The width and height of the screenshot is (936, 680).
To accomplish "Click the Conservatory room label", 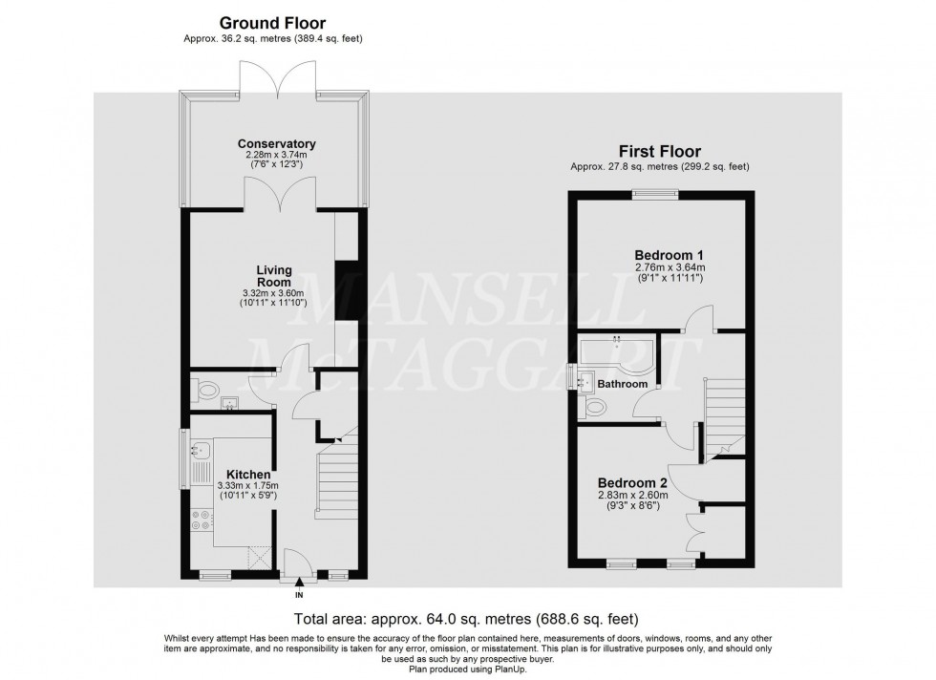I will tap(277, 144).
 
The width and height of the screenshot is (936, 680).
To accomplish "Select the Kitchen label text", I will tap(248, 474).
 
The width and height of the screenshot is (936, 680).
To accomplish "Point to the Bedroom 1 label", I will tap(670, 255).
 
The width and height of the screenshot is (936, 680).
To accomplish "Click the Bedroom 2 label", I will tap(632, 482).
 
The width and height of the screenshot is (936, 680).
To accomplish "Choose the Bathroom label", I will tap(623, 384).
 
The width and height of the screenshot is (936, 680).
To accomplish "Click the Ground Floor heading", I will tap(272, 22).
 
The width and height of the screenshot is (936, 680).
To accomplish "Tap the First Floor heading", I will tap(659, 151).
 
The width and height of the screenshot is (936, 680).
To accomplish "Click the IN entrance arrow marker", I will tap(300, 582).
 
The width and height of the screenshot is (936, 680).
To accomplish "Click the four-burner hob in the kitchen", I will tap(202, 521).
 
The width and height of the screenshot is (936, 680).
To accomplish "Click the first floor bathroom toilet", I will tap(594, 408).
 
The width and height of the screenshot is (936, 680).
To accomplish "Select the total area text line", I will tap(466, 619).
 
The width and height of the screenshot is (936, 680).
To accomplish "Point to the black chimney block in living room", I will tap(346, 291).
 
